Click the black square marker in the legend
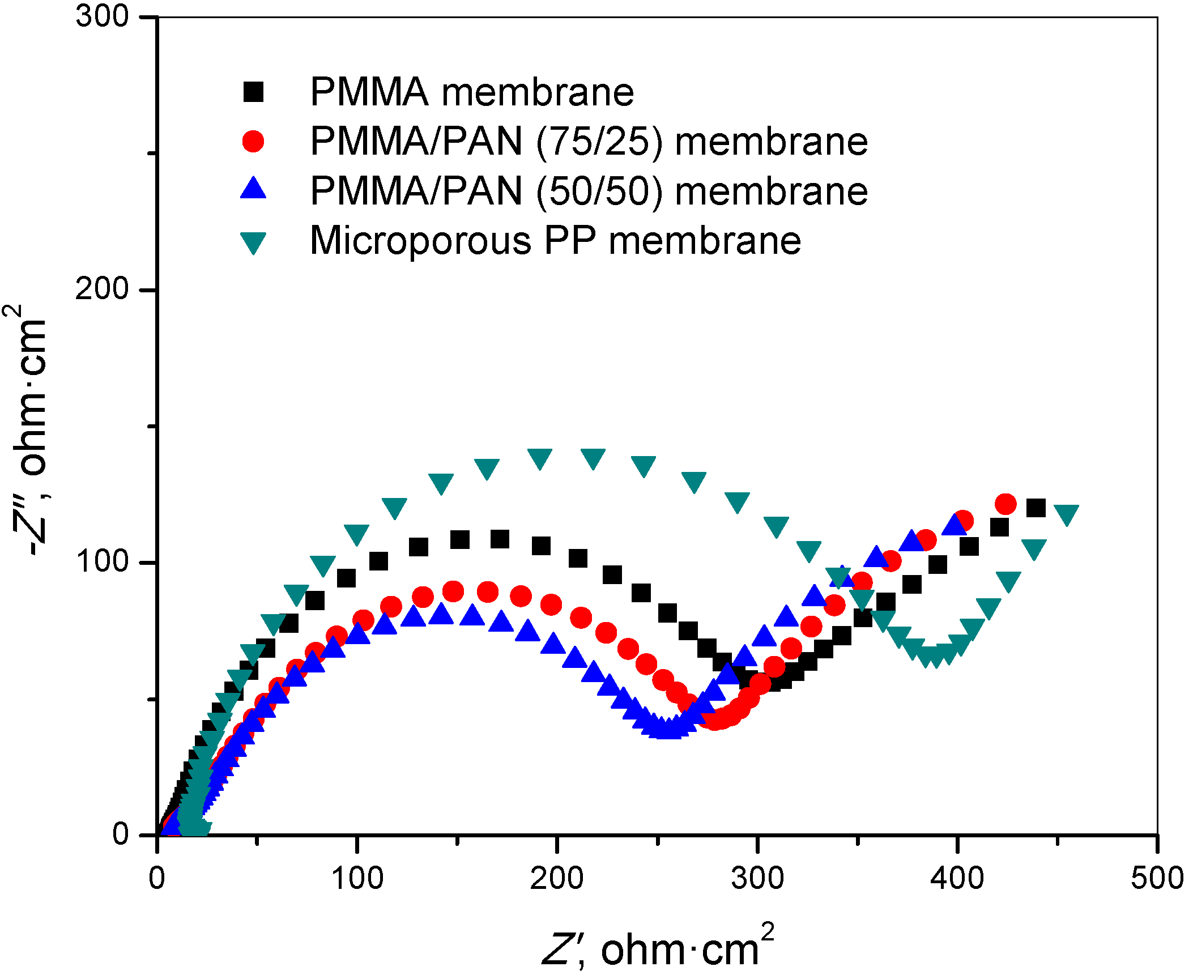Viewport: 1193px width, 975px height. pyautogui.click(x=253, y=91)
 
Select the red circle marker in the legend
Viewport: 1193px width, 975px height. pyautogui.click(x=253, y=141)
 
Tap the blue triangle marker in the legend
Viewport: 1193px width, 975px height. pyautogui.click(x=253, y=189)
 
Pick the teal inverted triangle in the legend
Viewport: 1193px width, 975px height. pyautogui.click(x=253, y=242)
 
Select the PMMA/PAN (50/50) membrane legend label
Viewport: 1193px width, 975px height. pyautogui.click(x=589, y=191)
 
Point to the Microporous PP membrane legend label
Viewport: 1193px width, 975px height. pyautogui.click(x=555, y=241)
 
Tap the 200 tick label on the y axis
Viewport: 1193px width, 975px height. pyautogui.click(x=103, y=289)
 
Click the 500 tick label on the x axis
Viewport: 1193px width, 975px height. pyautogui.click(x=1157, y=878)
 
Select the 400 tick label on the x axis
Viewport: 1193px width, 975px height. pyautogui.click(x=957, y=878)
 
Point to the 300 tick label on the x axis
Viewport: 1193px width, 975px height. pyautogui.click(x=757, y=878)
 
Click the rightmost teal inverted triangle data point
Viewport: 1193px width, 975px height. pyautogui.click(x=1067, y=514)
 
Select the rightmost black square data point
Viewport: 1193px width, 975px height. pyautogui.click(x=1036, y=508)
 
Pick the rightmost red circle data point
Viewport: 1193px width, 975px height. pyautogui.click(x=1005, y=504)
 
